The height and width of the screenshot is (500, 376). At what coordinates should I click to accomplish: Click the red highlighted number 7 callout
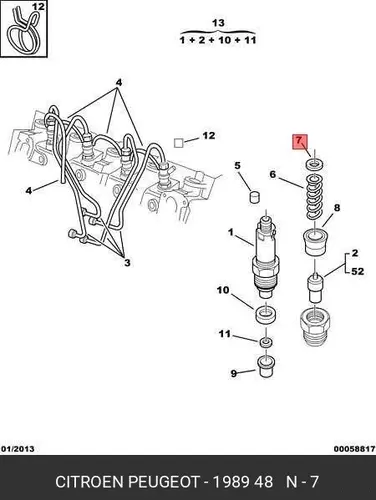pyautogui.click(x=299, y=142)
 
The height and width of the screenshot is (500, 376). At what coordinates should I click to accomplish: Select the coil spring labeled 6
pyautogui.click(x=314, y=197)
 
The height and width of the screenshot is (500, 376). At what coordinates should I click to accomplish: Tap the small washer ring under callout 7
pyautogui.click(x=314, y=164)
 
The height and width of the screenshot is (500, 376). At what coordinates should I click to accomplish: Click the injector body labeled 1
pyautogui.click(x=266, y=257)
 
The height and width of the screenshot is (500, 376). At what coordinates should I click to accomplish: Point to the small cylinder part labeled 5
pyautogui.click(x=255, y=197)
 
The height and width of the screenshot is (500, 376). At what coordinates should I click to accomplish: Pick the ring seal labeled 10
pyautogui.click(x=266, y=315)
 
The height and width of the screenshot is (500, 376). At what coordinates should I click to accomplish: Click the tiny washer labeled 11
pyautogui.click(x=266, y=343)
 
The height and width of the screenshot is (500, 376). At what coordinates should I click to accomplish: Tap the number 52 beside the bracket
pyautogui.click(x=357, y=271)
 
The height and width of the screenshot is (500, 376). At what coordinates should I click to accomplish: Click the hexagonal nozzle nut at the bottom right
pyautogui.click(x=315, y=325)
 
